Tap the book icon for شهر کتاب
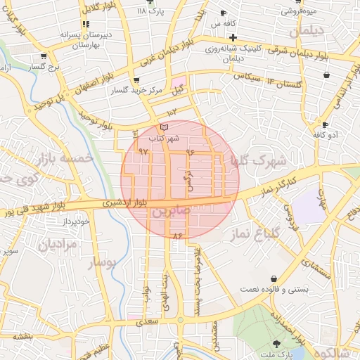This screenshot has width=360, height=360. (165, 127)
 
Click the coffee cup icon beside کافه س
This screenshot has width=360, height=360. (224, 13)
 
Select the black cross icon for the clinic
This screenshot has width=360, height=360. (233, 37)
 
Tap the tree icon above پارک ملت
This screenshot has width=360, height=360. (277, 345)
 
